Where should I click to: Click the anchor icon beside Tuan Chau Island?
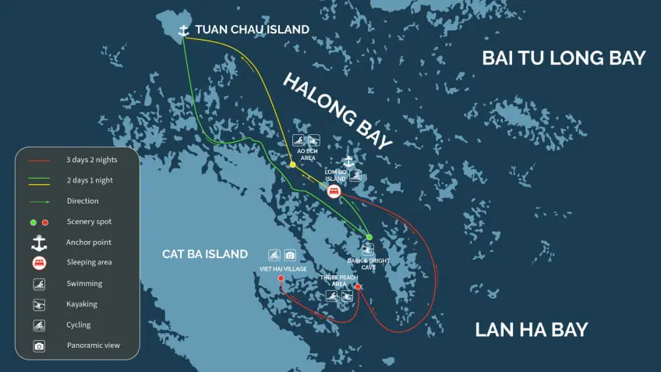[184, 30]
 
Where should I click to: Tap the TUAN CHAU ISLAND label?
[252, 30]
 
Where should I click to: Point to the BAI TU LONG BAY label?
[564, 58]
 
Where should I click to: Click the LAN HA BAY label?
[532, 329]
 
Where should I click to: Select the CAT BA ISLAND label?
[205, 253]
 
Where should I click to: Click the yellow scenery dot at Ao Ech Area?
[292, 165]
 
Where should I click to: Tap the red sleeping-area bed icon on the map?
[334, 191]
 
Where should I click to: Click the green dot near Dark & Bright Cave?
[369, 237]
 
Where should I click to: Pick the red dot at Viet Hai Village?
[281, 278]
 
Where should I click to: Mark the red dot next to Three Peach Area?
[358, 287]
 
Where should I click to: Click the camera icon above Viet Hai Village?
[290, 255]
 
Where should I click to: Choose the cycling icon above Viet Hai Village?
[274, 255]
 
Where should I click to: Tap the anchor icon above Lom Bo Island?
[348, 161]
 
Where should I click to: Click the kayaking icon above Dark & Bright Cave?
[368, 250]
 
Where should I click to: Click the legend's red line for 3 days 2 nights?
[40, 161]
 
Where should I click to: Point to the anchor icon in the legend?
[40, 242]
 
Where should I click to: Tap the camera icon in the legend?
[40, 345]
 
